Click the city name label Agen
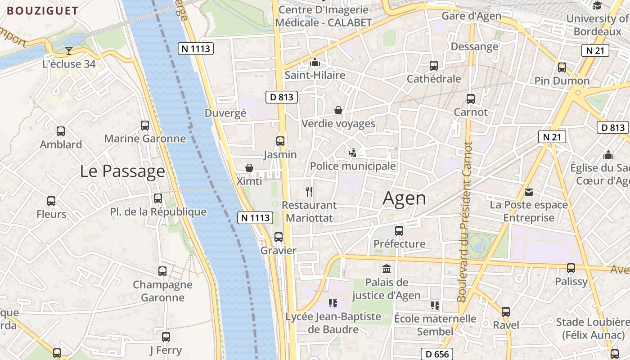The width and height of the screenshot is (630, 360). [x=404, y=198]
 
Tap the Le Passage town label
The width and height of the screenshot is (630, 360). [x=122, y=171]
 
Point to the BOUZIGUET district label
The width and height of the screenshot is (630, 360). [x=43, y=11]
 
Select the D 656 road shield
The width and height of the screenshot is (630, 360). [x=437, y=354]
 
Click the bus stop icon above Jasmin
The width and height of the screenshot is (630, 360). [x=280, y=141]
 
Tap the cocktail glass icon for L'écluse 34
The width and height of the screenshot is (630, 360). [x=68, y=50]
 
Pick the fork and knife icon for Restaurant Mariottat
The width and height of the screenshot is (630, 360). [x=309, y=192]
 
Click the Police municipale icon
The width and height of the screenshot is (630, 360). [x=353, y=153]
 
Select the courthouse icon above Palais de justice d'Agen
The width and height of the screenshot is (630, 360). [x=386, y=269]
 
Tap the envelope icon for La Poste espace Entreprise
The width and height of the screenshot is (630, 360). [x=529, y=192]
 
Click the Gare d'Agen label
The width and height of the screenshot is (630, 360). [x=471, y=16]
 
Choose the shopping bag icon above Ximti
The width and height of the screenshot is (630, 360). [x=249, y=168]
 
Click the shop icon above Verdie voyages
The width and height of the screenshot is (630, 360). [x=338, y=110]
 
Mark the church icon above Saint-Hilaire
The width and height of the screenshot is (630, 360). [x=315, y=62]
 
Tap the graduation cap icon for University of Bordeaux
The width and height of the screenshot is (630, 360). [x=597, y=5]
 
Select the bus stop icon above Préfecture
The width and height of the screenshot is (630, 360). [x=399, y=231]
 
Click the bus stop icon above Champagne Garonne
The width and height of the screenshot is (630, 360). [x=162, y=271]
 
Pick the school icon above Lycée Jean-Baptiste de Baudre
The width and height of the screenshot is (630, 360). [x=333, y=303]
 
